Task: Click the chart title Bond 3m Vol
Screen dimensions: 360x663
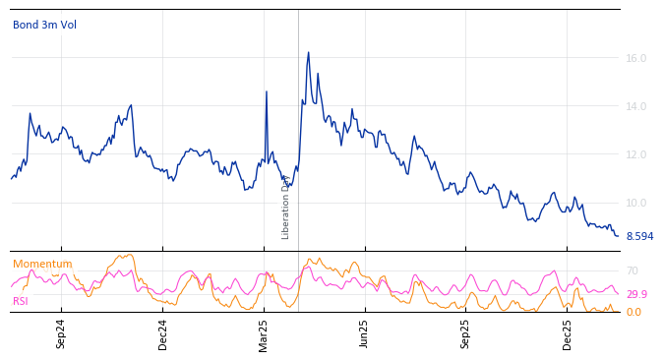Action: pos(44,25)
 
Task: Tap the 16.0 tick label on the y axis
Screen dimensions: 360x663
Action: pos(635,58)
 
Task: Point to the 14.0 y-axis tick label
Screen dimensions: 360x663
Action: pos(635,106)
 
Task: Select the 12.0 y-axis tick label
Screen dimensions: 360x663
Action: pos(635,154)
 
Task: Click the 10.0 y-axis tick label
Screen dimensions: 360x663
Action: pos(635,203)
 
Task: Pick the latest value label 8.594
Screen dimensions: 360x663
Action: pos(639,236)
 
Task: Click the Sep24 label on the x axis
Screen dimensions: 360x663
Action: pos(61,333)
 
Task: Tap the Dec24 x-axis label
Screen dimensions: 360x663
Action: pos(163,333)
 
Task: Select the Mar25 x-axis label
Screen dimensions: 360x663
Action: pos(264,333)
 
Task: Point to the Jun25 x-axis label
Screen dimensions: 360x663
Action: pos(364,333)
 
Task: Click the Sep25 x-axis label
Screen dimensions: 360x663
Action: pos(465,333)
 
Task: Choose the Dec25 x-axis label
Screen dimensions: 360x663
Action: pos(567,333)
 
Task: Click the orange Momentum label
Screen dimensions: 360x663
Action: pos(42,264)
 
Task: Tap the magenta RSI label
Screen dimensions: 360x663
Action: pos(20,301)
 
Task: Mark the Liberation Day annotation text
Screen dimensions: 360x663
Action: pos(286,207)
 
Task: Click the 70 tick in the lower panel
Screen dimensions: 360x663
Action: pos(633,270)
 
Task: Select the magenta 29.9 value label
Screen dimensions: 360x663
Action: pos(636,294)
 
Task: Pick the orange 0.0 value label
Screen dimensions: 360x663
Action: pos(633,312)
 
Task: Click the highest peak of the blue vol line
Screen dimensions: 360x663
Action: pos(308,52)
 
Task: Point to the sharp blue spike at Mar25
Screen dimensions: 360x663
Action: pos(267,91)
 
